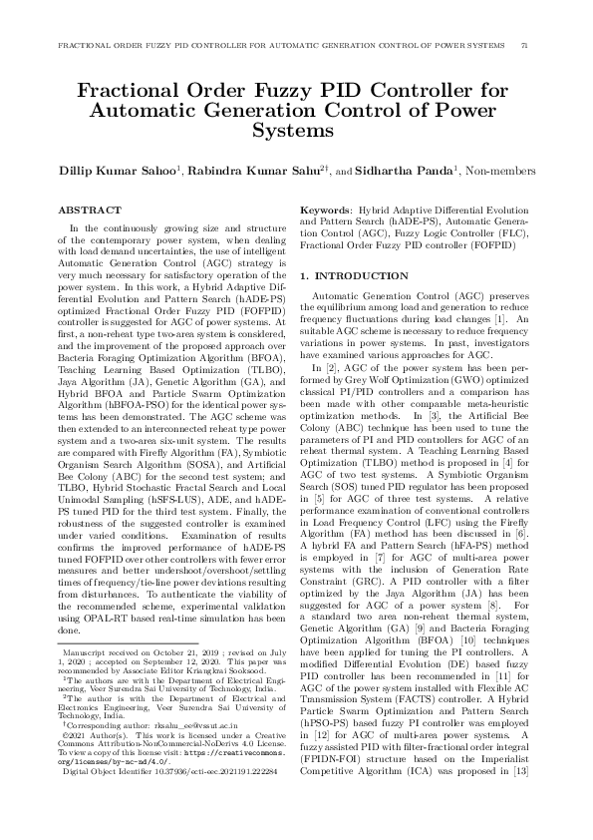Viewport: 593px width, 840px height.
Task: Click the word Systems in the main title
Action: (x=296, y=131)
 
